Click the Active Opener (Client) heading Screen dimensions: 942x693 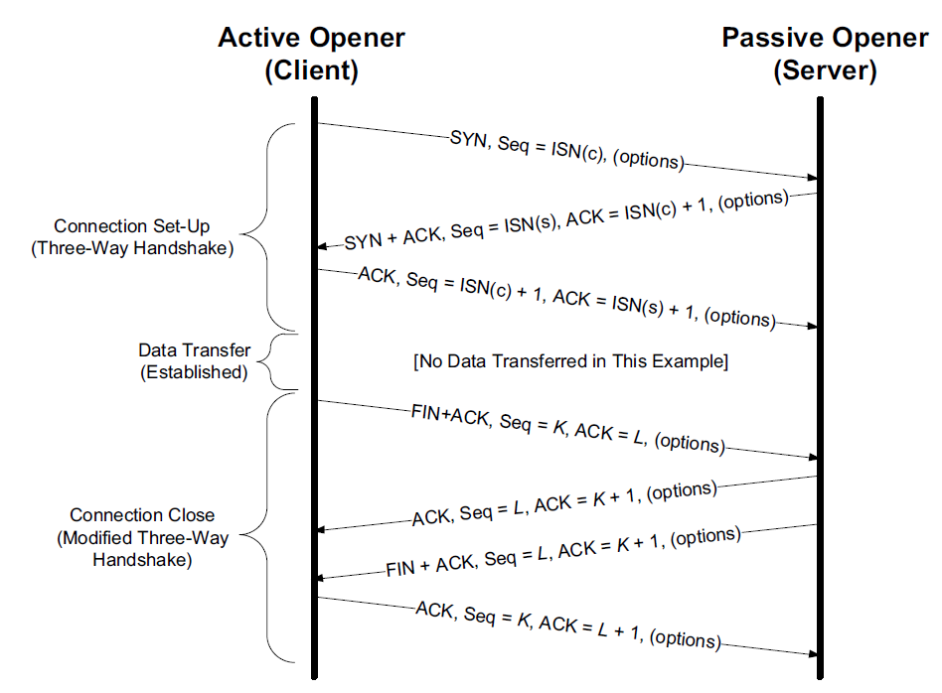click(x=311, y=54)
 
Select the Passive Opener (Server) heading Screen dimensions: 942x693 click(x=825, y=54)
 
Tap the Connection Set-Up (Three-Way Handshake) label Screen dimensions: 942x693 click(x=132, y=237)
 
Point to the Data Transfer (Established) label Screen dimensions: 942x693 click(x=194, y=361)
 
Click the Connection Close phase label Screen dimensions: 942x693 click(x=142, y=537)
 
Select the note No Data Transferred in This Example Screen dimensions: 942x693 click(x=570, y=361)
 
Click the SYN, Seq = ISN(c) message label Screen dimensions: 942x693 click(x=567, y=150)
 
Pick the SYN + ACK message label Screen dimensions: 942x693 click(x=566, y=219)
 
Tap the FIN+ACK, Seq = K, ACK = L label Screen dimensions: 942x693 click(x=567, y=429)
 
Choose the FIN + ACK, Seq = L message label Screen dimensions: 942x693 click(x=563, y=552)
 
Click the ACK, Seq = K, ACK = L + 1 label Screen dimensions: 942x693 click(x=567, y=625)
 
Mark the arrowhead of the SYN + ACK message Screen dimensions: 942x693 click(x=323, y=246)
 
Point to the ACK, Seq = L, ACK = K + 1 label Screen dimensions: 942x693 click(x=564, y=502)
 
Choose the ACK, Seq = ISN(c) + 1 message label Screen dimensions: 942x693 click(x=566, y=297)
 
